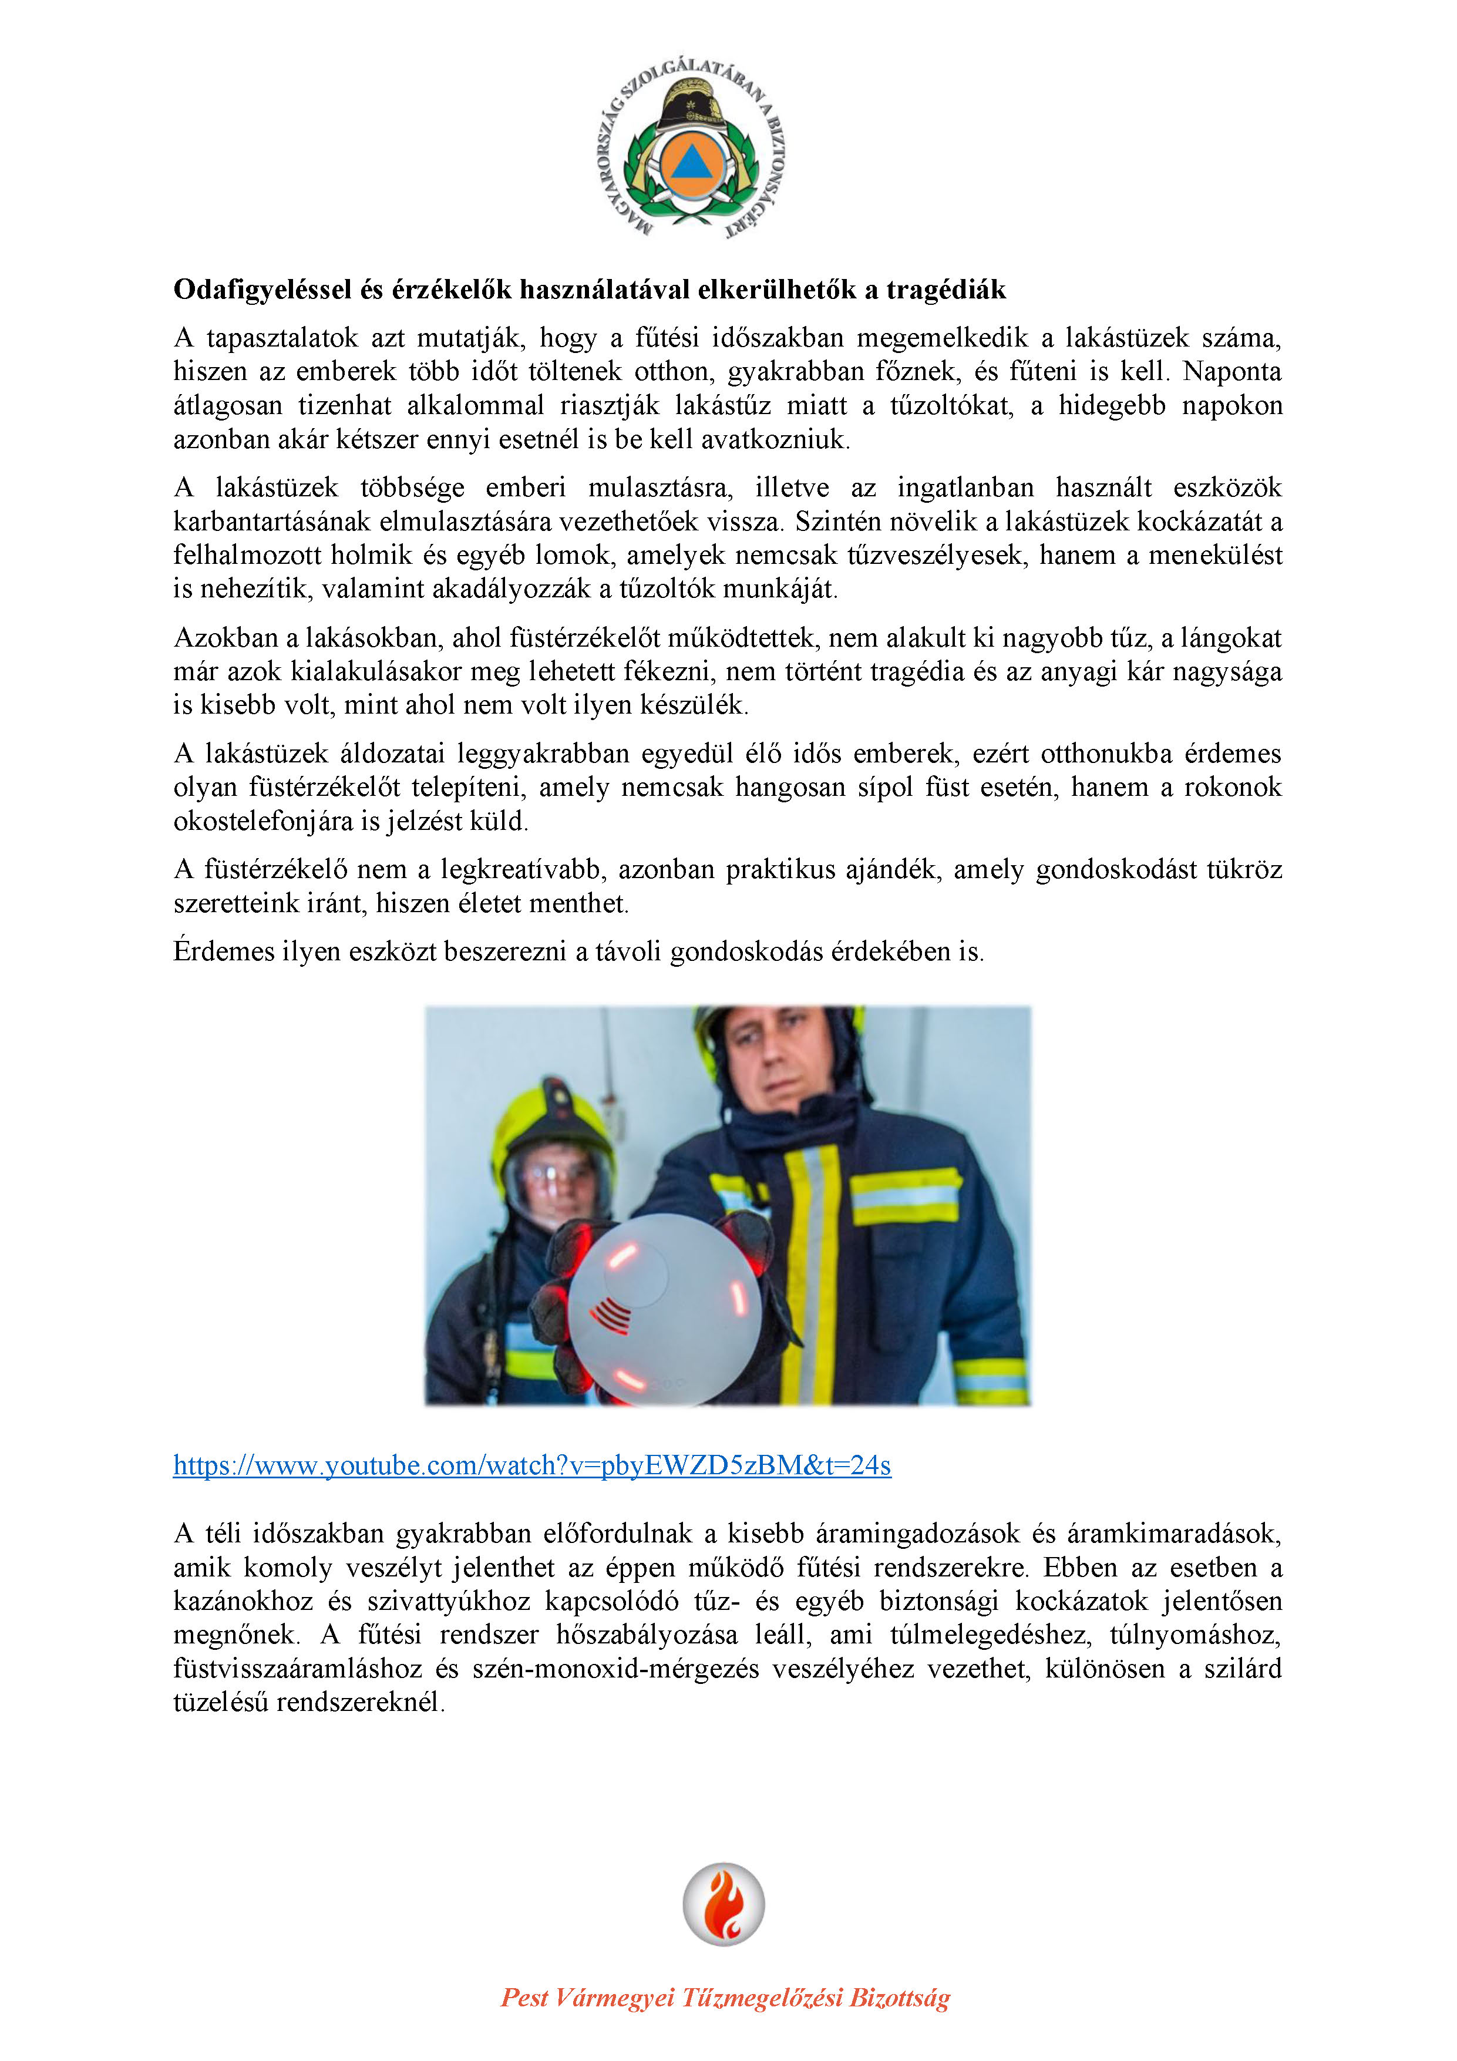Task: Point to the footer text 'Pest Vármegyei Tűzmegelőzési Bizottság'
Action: pyautogui.click(x=725, y=1997)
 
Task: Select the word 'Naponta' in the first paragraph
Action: pyautogui.click(x=1231, y=372)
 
